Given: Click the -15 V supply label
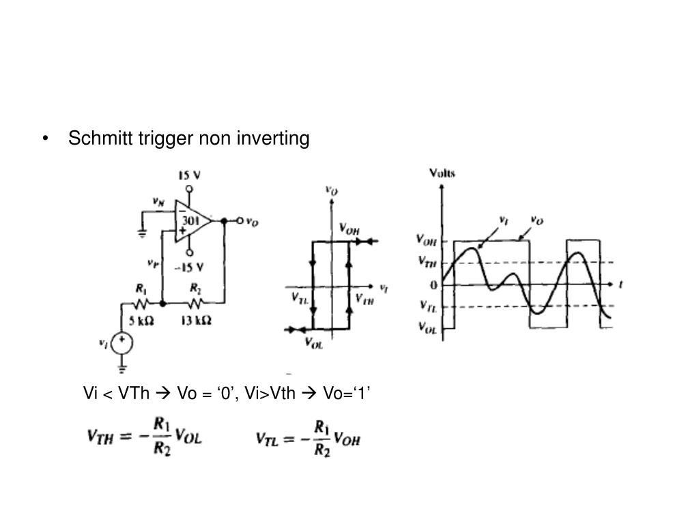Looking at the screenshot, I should pos(190,266).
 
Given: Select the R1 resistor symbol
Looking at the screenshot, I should pos(142,302).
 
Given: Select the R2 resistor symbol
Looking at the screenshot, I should pos(196,302).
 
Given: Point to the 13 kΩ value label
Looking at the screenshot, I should pos(196,321).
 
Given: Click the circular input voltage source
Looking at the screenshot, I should pos(123,342).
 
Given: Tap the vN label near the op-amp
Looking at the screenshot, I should pos(158,202).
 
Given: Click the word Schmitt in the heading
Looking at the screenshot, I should pos(91,139).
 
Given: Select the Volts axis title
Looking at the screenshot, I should pos(442,173).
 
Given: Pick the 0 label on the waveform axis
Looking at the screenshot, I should pos(433,285).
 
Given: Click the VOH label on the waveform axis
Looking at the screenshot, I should pos(427,239).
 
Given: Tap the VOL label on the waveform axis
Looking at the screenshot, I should pos(427,328).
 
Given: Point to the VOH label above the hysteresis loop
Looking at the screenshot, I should pos(349,229).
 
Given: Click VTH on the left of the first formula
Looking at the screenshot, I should pos(100,437).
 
